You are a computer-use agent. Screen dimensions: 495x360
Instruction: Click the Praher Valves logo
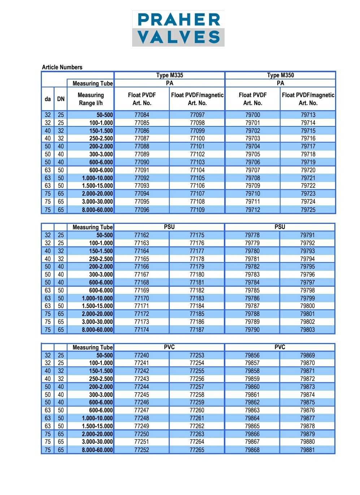178,29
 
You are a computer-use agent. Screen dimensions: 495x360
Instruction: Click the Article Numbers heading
62,67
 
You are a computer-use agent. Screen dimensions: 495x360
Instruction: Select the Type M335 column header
169,75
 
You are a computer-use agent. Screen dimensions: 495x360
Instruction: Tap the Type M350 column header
280,75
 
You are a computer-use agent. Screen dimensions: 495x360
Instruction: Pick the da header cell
48,99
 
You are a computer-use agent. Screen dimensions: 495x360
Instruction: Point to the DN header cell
61,99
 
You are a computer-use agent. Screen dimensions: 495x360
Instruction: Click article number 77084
142,115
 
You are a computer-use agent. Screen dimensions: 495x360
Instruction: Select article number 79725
308,209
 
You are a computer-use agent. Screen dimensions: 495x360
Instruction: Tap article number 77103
197,162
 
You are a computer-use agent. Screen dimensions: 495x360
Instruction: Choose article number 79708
252,178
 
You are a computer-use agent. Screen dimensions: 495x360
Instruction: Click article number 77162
142,235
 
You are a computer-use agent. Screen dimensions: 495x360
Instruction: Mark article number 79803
307,330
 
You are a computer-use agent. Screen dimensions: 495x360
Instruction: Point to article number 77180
197,274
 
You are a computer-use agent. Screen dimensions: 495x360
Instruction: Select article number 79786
252,298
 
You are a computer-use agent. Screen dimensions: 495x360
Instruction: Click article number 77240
142,355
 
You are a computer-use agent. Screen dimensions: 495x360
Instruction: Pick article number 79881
307,450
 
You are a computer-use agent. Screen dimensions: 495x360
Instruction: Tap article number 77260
197,410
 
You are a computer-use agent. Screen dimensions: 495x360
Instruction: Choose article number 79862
252,402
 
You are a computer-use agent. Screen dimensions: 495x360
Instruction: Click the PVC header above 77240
169,347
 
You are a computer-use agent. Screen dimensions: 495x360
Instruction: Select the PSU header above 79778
279,227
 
